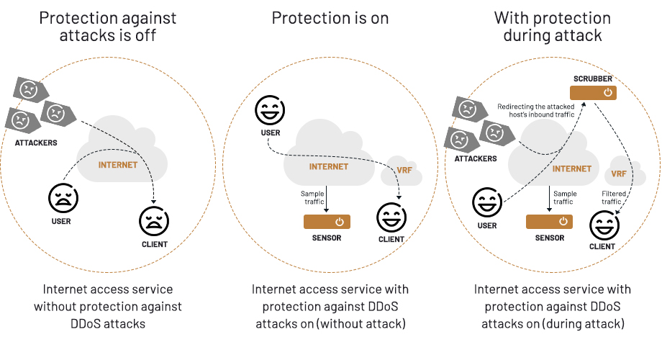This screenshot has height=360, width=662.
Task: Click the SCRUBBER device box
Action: pos(593,92)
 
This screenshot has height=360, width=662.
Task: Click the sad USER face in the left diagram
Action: pos(63,197)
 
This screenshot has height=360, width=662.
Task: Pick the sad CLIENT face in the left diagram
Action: pos(154,220)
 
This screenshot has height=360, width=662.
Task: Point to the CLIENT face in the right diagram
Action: pos(603,226)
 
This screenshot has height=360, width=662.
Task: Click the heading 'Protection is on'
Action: pos(330,18)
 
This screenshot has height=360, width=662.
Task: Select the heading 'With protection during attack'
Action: pos(552,27)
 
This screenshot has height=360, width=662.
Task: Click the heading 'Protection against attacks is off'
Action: pos(109,27)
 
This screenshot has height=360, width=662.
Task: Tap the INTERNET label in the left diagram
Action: pos(118,165)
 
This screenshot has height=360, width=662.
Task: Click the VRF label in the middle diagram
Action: pos(404,171)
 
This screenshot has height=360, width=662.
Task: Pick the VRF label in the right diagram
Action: pos(618,174)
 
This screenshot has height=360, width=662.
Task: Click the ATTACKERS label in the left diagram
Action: pos(36,143)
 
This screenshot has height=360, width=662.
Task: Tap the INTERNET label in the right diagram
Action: pos(572,169)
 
